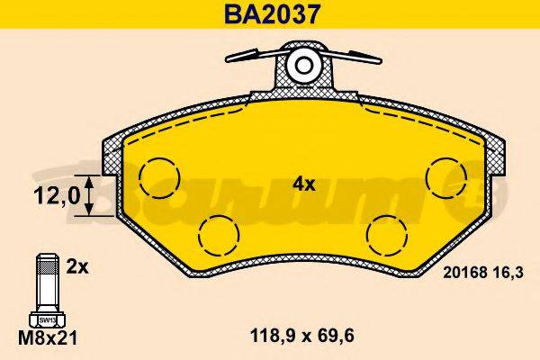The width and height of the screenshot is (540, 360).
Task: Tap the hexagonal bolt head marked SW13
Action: pyautogui.click(x=43, y=319)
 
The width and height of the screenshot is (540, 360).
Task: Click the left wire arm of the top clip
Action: pyautogui.click(x=250, y=58)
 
